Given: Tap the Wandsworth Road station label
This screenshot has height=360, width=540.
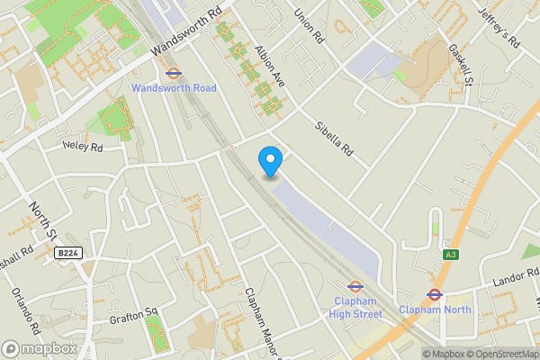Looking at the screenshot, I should pyautogui.click(x=174, y=88).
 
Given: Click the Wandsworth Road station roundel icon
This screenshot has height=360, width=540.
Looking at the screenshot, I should pyautogui.click(x=174, y=73).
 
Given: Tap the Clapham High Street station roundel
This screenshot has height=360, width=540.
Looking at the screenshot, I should pyautogui.click(x=355, y=288).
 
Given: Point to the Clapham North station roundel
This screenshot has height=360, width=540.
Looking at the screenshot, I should pyautogui.click(x=433, y=293).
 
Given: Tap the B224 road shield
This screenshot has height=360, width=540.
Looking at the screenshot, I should pyautogui.click(x=67, y=254).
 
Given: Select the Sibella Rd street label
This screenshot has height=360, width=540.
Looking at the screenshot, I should pyautogui.click(x=334, y=139).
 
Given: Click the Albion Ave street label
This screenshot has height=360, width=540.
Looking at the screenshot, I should pyautogui.click(x=269, y=67).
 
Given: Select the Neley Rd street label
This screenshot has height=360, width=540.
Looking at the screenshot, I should pyautogui.click(x=83, y=145).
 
